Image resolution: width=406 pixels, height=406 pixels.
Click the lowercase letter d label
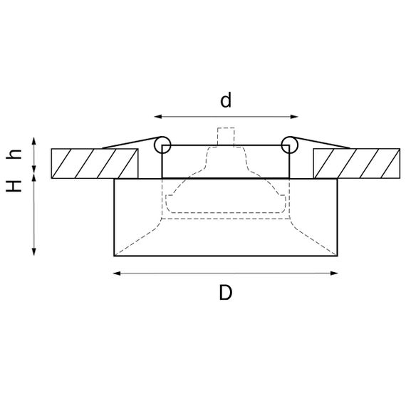[226, 100]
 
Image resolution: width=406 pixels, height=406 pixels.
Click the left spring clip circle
[162, 145]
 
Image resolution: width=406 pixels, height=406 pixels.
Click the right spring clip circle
[288, 145]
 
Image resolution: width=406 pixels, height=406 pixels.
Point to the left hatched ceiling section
[94, 163]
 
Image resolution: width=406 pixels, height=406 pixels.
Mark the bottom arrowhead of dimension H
[34, 251]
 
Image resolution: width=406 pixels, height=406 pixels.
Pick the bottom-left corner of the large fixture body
[115, 254]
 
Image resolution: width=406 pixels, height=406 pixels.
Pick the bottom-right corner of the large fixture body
[338, 254]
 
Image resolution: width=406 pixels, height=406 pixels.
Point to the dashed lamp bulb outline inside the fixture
[226, 192]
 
